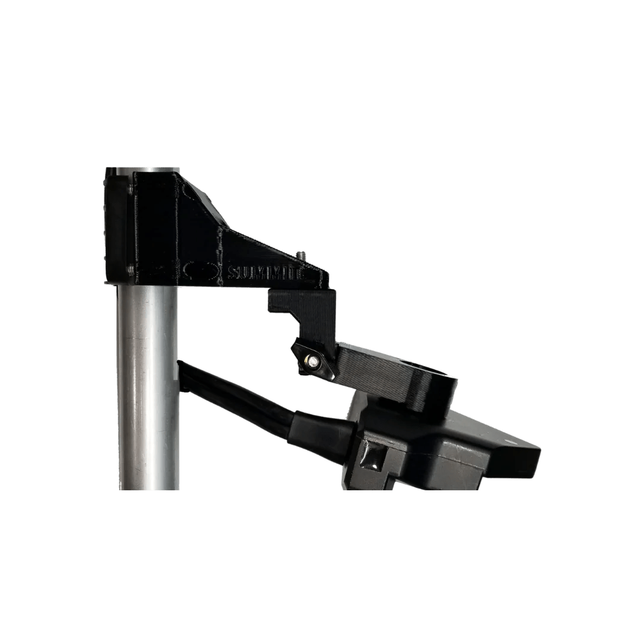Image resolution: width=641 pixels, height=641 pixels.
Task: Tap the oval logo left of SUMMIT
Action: coord(199,270)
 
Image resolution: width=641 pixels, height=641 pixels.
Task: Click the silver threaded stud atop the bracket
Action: coord(300,256)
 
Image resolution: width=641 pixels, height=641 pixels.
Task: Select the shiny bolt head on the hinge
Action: coord(311,358)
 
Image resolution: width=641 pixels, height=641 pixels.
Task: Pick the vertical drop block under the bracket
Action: coord(303,309)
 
